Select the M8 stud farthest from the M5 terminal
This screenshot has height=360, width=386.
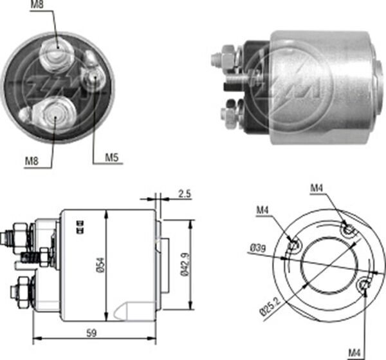[x=51, y=116]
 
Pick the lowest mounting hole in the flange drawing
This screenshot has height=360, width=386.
[x=365, y=284]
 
